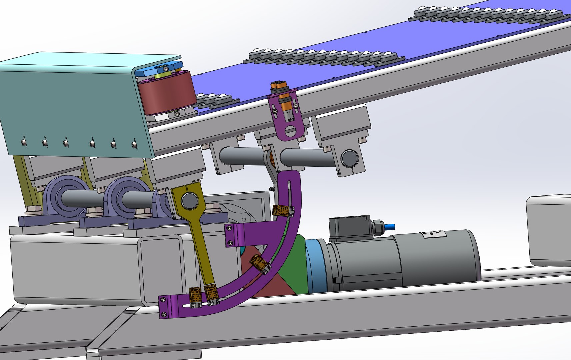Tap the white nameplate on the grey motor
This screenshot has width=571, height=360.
point(434,234)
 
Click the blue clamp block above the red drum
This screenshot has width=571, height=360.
point(159,70)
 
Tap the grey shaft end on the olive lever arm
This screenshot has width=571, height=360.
point(189,201)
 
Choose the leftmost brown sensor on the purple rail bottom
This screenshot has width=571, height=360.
point(195,295)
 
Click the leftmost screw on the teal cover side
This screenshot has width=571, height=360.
point(24,141)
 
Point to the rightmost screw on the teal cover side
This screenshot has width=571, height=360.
point(134,144)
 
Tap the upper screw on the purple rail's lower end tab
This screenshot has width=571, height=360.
point(164,300)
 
